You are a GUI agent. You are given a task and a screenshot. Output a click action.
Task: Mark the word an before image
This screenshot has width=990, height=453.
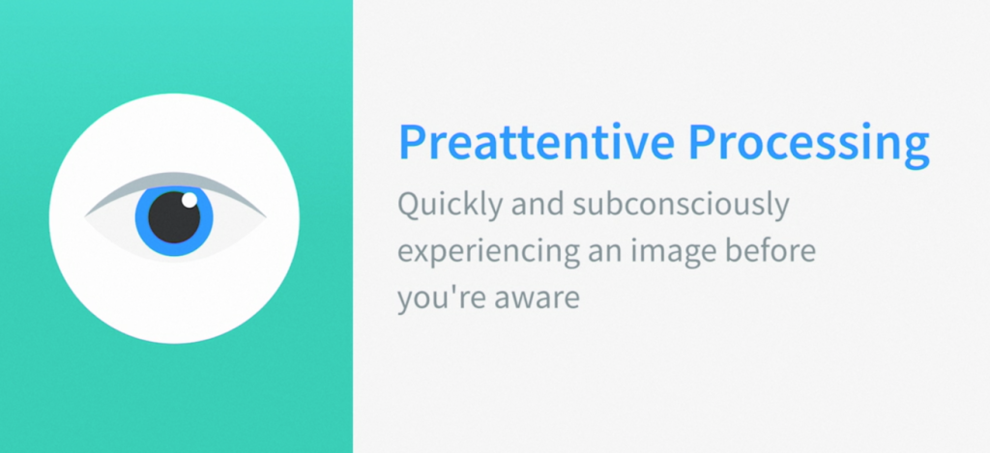coord(603,254)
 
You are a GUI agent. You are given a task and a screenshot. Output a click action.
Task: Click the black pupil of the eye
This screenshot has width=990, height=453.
coord(174,217)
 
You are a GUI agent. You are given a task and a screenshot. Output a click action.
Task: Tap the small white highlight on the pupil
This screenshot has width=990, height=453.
coord(189,200)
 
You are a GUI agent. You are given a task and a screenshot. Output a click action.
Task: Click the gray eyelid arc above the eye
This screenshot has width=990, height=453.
coord(175,180)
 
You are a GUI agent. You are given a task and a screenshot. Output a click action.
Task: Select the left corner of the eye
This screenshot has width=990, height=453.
coord(85,217)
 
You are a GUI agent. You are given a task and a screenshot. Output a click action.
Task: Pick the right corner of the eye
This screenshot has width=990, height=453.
coord(266,217)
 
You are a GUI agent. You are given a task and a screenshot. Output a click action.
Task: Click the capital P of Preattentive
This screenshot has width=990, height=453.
coord(412,143)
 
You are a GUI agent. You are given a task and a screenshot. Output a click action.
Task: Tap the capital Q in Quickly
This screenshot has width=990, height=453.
coord(411,205)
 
